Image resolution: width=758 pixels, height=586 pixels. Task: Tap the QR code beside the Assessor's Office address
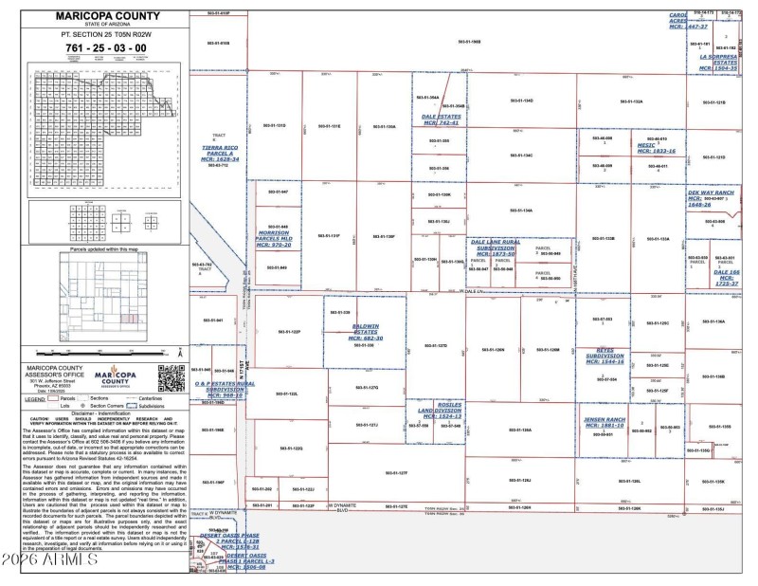coord(169,377)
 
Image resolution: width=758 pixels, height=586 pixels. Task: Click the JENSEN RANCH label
coord(605,422)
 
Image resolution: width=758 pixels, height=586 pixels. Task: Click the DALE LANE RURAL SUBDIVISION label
coord(494,247)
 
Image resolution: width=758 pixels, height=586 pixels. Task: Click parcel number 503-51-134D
coord(521,101)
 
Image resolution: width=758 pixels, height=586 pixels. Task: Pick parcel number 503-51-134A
coord(521,211)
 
